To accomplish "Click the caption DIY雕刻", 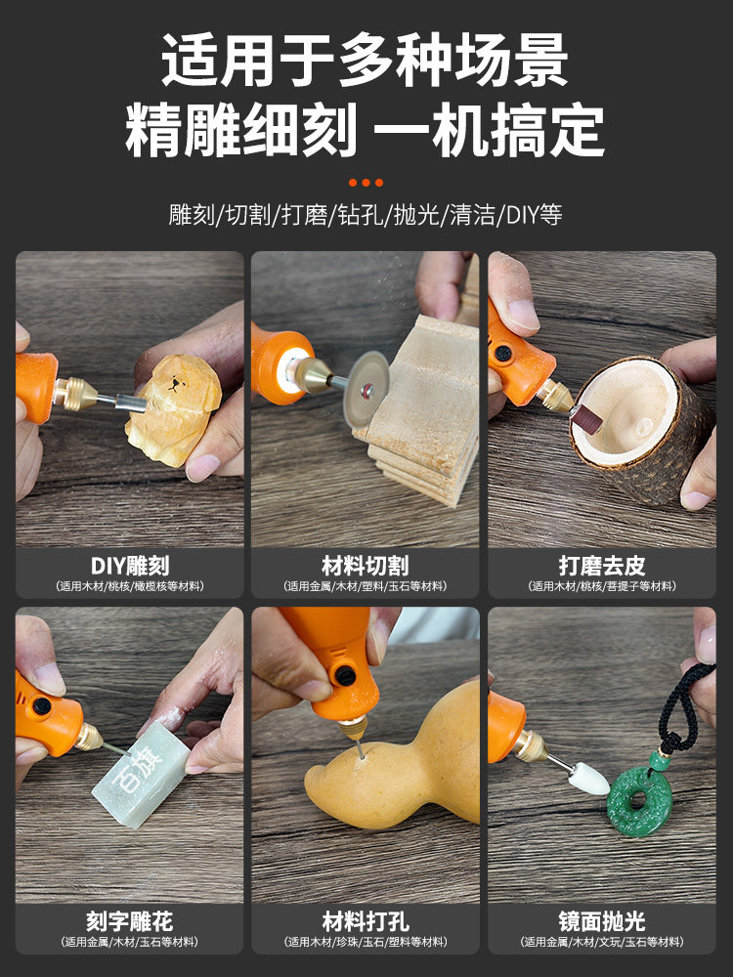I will (x=129, y=566).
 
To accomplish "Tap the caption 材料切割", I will (x=366, y=566).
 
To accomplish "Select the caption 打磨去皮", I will (x=602, y=566).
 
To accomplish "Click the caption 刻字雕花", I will (x=129, y=921).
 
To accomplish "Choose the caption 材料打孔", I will (x=366, y=921).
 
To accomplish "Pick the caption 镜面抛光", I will (x=602, y=921).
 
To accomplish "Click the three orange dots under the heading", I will (x=366, y=183).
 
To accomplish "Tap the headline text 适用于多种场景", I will (x=366, y=61).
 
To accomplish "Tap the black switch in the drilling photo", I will (x=343, y=674).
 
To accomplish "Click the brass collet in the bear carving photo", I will (x=76, y=393).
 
